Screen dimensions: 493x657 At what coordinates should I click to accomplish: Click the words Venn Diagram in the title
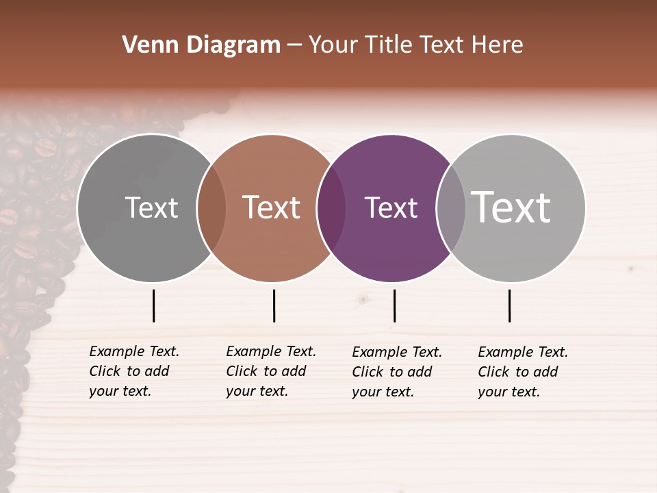click(201, 45)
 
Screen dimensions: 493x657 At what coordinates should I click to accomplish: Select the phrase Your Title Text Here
click(415, 45)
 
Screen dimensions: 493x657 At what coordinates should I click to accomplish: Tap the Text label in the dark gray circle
click(151, 207)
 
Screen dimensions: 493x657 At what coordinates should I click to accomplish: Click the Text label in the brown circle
click(271, 207)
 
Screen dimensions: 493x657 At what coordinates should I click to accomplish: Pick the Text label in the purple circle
click(391, 207)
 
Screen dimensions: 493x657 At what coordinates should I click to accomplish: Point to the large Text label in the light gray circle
click(511, 207)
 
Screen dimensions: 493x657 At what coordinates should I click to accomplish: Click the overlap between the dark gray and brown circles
click(211, 208)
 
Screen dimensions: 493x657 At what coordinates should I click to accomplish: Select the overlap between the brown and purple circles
click(331, 208)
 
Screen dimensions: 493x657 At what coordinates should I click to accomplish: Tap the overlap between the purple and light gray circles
click(451, 208)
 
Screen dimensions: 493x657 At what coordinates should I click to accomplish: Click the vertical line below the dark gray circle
click(154, 305)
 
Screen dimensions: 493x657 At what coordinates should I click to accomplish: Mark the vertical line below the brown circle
click(274, 305)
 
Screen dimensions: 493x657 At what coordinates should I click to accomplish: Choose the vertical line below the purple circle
click(394, 305)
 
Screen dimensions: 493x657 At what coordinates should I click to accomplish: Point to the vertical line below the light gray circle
click(510, 305)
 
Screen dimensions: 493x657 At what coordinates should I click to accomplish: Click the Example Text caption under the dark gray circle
click(134, 371)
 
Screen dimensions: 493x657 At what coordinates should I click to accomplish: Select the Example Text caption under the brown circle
click(271, 371)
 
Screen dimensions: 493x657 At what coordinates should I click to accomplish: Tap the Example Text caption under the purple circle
click(397, 372)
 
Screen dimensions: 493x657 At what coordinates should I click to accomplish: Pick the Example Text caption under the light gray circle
click(523, 372)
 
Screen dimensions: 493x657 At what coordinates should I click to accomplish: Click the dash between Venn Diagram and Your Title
click(294, 45)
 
